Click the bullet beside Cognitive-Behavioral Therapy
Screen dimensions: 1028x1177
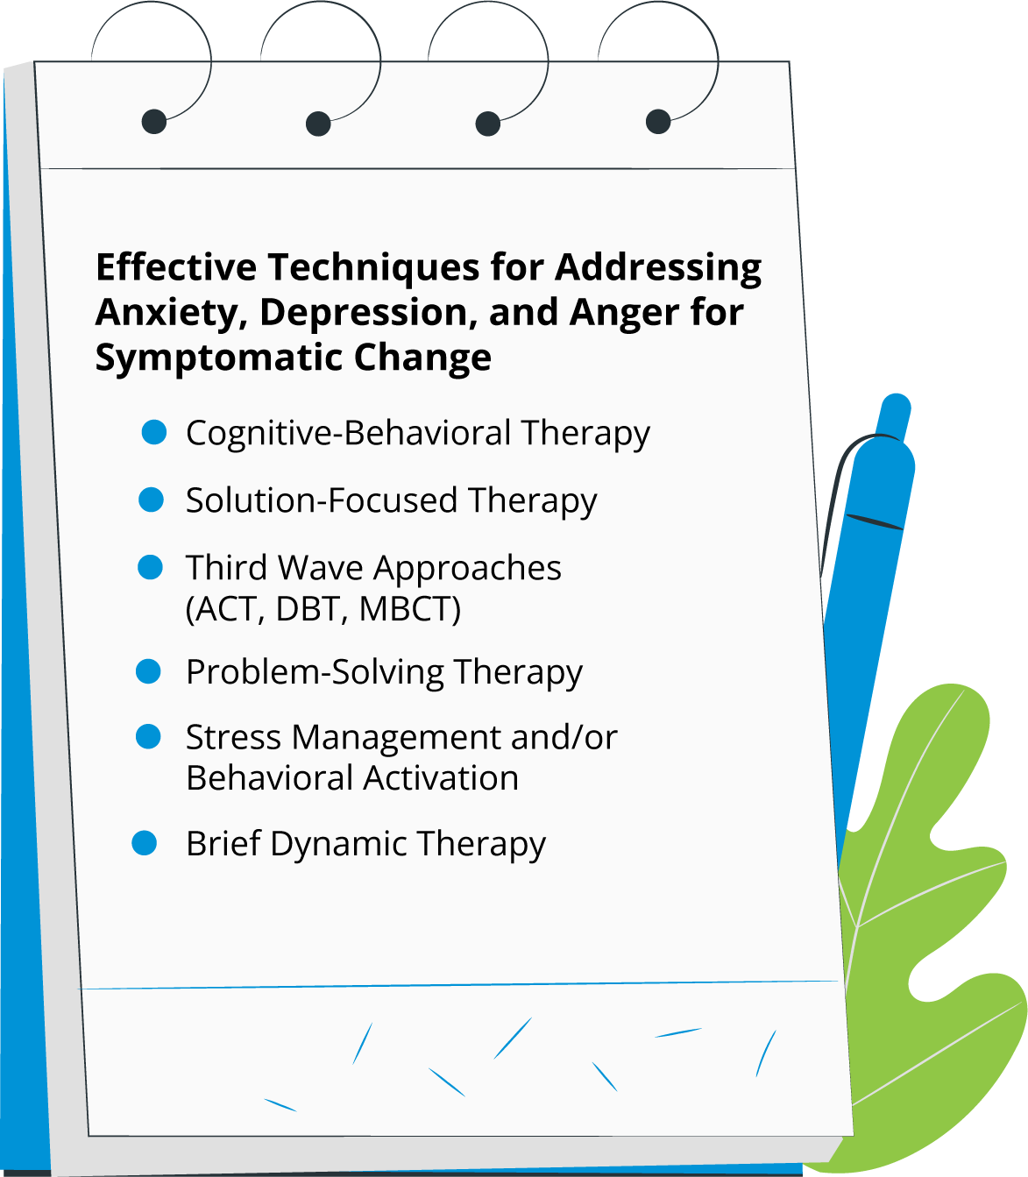point(154,432)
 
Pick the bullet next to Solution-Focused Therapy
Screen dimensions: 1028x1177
point(152,500)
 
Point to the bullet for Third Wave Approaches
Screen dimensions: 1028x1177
point(151,567)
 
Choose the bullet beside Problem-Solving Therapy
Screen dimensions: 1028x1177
point(149,671)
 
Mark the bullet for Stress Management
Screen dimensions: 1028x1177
point(148,736)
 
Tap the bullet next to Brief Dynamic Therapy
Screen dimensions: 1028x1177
point(144,843)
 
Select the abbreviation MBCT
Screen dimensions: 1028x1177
point(409,608)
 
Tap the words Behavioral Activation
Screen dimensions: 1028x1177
point(352,778)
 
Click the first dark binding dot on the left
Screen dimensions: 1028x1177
point(153,121)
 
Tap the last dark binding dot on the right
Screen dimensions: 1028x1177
point(658,121)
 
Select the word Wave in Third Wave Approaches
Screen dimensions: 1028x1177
point(321,568)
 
